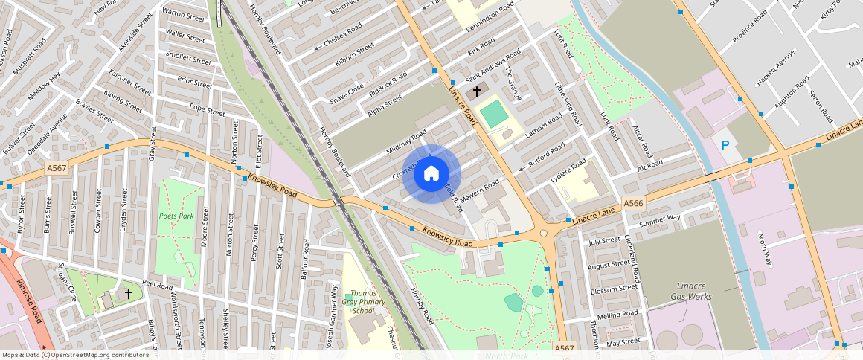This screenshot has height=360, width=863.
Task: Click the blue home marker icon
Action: pos(431,174)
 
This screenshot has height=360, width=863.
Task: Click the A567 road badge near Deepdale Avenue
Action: pos(56,169)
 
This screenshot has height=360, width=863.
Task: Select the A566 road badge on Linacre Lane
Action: pos(633,203)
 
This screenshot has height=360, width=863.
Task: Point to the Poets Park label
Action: pos(176,216)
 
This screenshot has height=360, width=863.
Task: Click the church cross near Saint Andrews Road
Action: pos(476,90)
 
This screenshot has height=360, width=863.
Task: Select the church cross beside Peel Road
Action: pos(128,295)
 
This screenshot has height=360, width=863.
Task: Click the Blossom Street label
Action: pos(612,289)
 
